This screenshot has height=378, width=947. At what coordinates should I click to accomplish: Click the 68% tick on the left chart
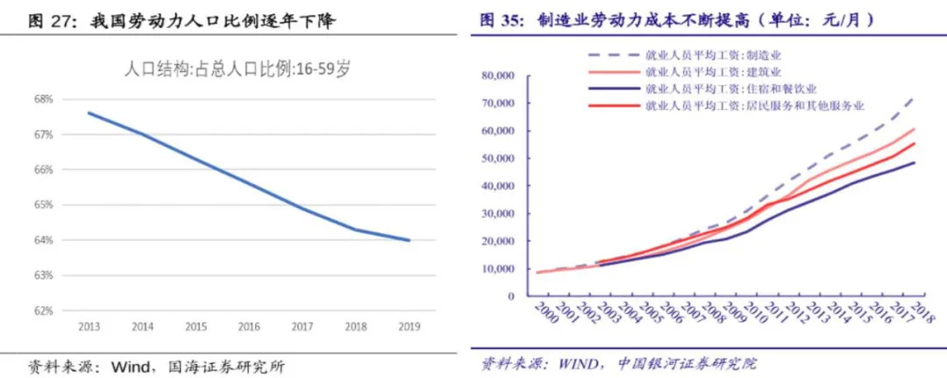pos(44,99)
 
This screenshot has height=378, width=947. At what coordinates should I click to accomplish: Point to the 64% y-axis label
pos(44,239)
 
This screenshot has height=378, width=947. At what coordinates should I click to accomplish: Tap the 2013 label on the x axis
pos(89,326)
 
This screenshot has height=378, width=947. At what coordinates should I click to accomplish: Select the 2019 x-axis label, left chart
pos(409,326)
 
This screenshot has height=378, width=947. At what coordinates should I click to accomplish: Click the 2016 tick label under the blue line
pos(249,326)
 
